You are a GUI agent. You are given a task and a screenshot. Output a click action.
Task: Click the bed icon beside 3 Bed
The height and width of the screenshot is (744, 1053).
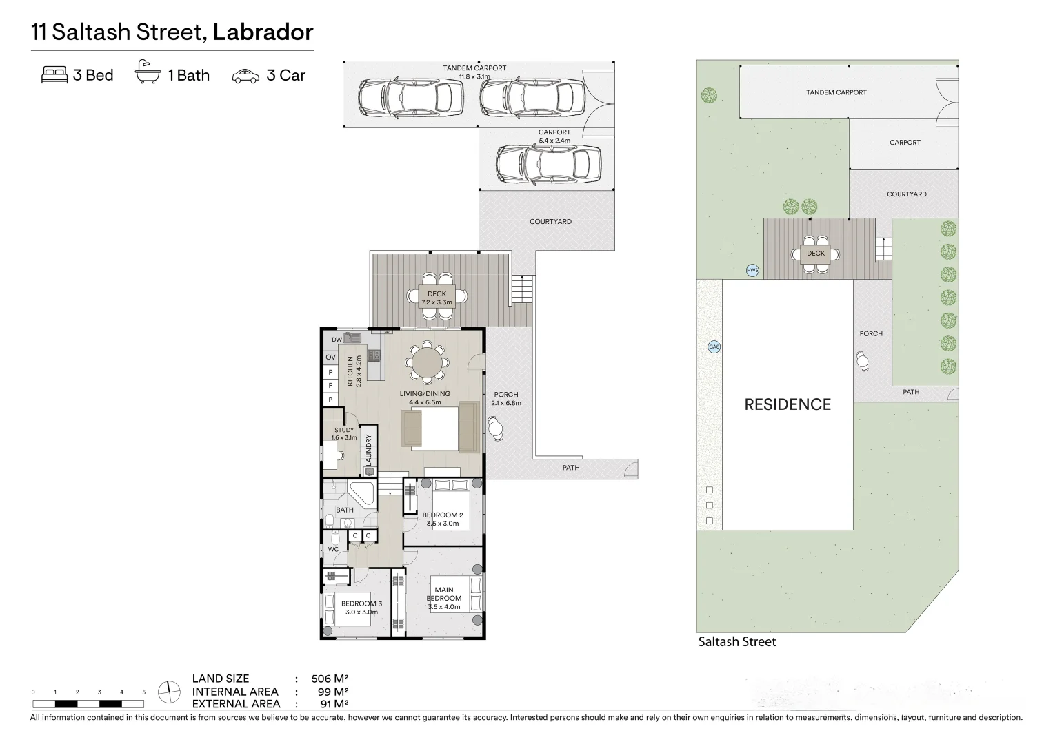[x=54, y=75]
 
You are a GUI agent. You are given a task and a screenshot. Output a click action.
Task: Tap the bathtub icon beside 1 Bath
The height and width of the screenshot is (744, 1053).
[x=148, y=73]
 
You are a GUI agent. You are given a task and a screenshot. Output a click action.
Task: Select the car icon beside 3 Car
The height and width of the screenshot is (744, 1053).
[x=245, y=76]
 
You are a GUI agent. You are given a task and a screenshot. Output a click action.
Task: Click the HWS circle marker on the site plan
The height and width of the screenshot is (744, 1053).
[x=752, y=271]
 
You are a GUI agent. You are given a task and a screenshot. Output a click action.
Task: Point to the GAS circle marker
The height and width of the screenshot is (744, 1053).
[x=714, y=347]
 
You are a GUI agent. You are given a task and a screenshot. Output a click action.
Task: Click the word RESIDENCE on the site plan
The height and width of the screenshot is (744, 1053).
[x=788, y=404]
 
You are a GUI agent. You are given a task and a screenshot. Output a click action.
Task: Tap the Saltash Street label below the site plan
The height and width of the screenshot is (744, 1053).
[x=736, y=642]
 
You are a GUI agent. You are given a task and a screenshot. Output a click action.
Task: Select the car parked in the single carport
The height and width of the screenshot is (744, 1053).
[x=543, y=163]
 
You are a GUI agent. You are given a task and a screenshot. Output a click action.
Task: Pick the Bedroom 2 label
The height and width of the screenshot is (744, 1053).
[x=442, y=515]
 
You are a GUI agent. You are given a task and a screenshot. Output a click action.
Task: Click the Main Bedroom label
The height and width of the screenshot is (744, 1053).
[x=443, y=594]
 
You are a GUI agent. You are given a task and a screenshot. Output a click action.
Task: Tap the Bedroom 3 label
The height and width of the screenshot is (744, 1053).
[x=361, y=604]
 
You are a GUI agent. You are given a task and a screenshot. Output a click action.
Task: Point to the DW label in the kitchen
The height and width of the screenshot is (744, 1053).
[x=337, y=340]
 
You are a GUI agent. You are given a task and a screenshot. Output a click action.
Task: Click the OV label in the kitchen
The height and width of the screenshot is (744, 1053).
[x=330, y=358]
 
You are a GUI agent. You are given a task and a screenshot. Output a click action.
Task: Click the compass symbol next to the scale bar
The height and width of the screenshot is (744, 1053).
[x=168, y=692]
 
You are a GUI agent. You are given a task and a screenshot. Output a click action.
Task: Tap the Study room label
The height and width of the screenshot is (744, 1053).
[x=343, y=430]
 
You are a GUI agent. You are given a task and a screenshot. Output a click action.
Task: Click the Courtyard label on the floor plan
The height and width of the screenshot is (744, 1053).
[x=550, y=222]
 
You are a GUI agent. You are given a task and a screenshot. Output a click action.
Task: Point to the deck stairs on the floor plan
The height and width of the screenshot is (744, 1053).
[x=523, y=289]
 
